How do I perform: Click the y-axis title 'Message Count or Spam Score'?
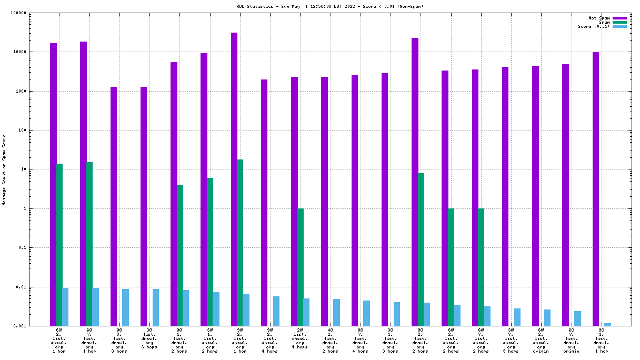5,169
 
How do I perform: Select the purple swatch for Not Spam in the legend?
619,18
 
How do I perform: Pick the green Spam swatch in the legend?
619,22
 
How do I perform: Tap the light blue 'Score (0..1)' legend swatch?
619,26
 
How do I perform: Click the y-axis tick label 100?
37,131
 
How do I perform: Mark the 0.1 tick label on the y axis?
37,248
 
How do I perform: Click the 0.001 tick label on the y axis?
35,326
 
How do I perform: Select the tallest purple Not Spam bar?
234,179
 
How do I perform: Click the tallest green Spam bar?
240,242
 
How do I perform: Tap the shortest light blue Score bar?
607,325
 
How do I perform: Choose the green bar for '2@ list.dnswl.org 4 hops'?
301,267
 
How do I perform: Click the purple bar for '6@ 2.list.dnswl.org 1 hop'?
53,184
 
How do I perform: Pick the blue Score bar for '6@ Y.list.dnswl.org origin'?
577,318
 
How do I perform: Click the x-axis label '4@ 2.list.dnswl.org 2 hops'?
331,340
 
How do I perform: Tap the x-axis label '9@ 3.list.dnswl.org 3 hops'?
119,340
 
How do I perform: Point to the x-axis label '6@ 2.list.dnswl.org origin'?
541,340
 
